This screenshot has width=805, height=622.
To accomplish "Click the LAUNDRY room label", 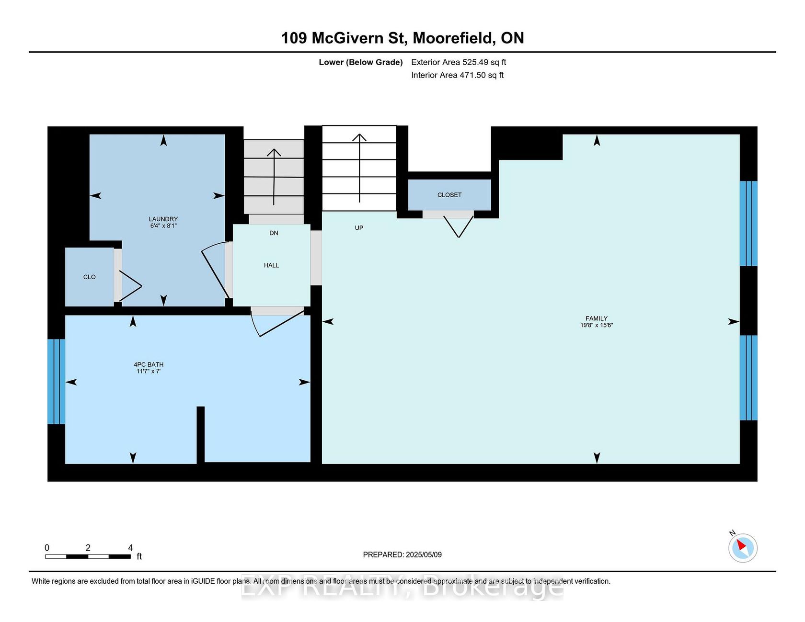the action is [x=163, y=219].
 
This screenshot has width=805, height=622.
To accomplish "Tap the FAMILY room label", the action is [x=597, y=318].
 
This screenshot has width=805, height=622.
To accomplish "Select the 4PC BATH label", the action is [x=149, y=364].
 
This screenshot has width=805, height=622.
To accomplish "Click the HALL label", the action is [x=271, y=265].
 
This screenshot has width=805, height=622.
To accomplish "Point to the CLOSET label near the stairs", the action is [x=449, y=195].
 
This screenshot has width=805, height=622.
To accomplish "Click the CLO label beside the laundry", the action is [x=90, y=277].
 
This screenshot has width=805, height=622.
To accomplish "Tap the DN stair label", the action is [x=274, y=233].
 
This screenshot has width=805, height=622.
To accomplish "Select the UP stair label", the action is [x=359, y=228].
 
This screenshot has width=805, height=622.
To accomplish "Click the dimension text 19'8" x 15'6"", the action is [x=597, y=325].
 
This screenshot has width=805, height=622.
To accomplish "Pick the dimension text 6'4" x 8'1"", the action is [x=163, y=226].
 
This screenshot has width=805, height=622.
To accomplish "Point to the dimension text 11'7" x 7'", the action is [x=149, y=371].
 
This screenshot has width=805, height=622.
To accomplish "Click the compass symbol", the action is [x=743, y=547].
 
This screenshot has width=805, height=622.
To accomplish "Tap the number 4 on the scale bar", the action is [x=130, y=548].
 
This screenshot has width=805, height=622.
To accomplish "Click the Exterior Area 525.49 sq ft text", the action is [x=459, y=62].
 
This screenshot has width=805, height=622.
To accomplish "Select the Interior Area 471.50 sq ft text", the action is [x=457, y=75].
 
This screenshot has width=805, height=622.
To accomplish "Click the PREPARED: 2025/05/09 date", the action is [x=402, y=554].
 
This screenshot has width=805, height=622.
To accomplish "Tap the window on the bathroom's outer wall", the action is [x=56, y=382].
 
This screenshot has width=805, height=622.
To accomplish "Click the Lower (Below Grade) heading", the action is [x=361, y=62].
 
